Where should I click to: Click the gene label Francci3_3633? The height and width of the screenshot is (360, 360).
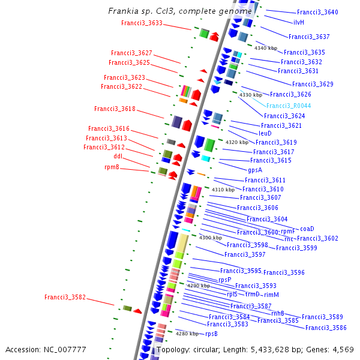coord(142,23)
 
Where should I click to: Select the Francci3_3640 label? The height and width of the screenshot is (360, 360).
coord(317,12)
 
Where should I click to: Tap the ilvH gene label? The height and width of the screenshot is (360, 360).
coord(299,22)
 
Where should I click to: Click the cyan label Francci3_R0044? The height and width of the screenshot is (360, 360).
coord(289,105)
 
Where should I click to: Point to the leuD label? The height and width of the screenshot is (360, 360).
coord(265,133)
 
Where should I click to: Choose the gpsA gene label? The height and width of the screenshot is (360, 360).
coord(255,170)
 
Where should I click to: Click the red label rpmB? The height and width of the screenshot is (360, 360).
coord(112,167)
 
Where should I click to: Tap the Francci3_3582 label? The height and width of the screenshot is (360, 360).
coord(65,297)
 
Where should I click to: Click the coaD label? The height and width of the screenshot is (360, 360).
coord(307,229)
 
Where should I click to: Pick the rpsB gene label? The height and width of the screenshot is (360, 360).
coord(211,334)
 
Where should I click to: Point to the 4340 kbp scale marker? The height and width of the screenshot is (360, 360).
coord(266,48)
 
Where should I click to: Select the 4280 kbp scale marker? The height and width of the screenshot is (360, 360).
coord(187,334)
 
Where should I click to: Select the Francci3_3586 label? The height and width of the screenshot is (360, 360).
coord(326,328)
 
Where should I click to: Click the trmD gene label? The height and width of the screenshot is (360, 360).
coord(252,295)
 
